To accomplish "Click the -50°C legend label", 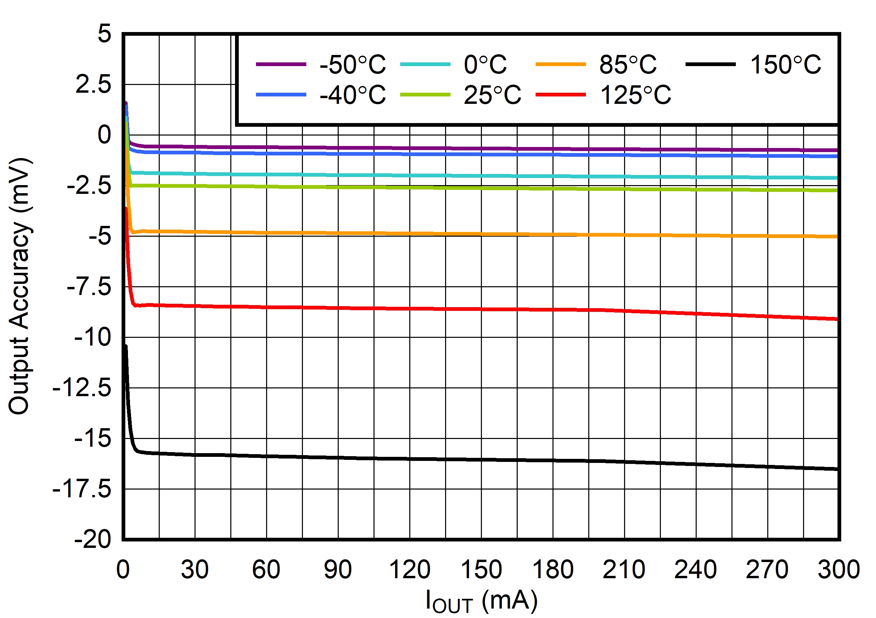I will pyautogui.click(x=353, y=64).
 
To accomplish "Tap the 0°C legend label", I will pyautogui.click(x=485, y=64).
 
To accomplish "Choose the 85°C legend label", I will pyautogui.click(x=628, y=64).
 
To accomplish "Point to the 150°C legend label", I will pyautogui.click(x=785, y=64).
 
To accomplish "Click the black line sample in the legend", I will pyautogui.click(x=711, y=64).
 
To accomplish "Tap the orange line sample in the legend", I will pyautogui.click(x=561, y=64).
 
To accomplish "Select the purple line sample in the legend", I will pyautogui.click(x=281, y=64).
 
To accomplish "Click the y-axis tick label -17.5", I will pyautogui.click(x=82, y=489).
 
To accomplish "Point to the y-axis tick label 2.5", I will pyautogui.click(x=94, y=85).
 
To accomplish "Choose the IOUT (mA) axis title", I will pyautogui.click(x=482, y=601).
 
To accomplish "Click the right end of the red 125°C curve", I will pyautogui.click(x=836, y=319).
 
